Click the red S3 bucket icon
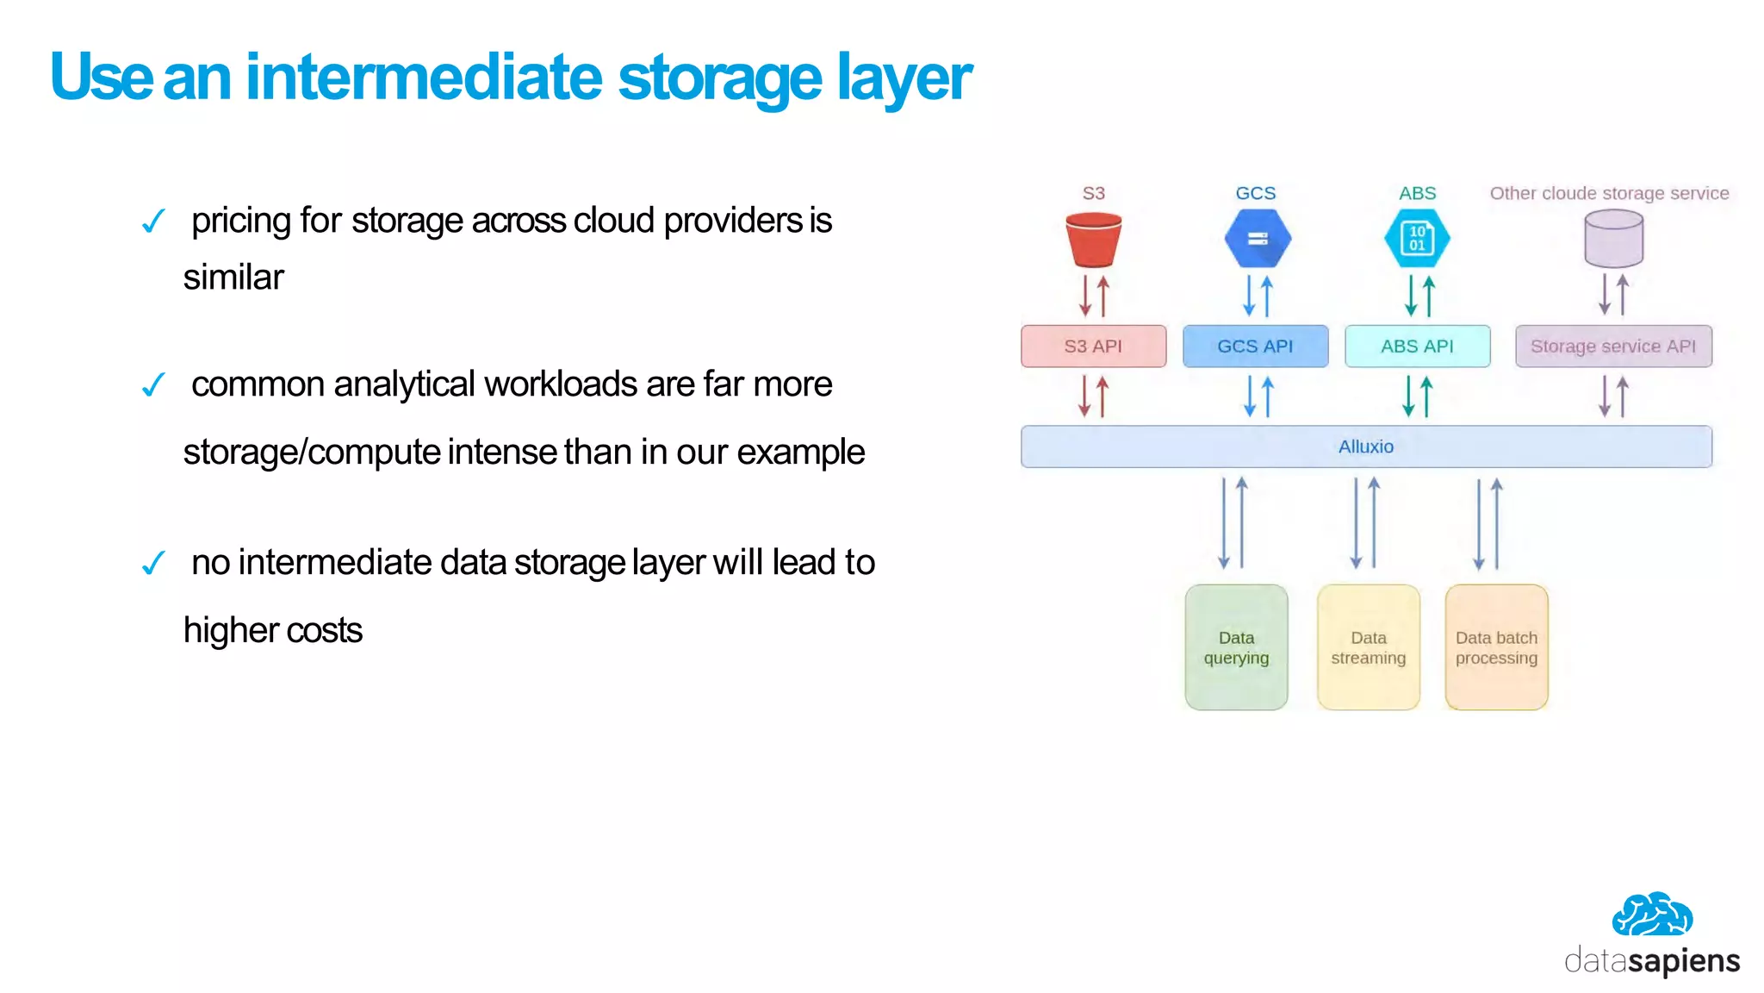pos(1093,240)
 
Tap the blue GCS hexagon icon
pos(1258,239)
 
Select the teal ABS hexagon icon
pos(1417,239)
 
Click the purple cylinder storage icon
pos(1613,239)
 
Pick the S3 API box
pos(1093,347)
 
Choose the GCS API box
pos(1255,347)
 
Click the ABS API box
pos(1417,347)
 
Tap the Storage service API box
pos(1612,347)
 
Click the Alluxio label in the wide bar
pos(1365,447)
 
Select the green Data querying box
pos(1236,647)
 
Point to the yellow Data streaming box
pos(1368,647)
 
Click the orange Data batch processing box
pos(1496,647)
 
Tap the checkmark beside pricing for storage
pos(153,222)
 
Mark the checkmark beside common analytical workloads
pos(153,385)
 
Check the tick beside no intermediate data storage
pos(153,564)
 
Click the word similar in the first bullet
pos(233,278)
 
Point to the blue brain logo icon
pos(1652,915)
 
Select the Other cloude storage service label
pos(1609,193)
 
